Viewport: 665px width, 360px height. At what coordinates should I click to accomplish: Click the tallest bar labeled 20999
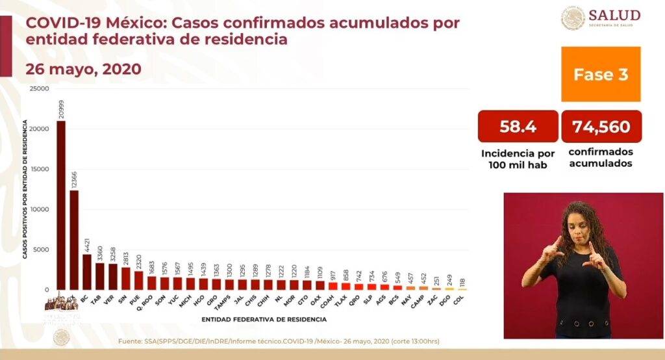pyautogui.click(x=61, y=205)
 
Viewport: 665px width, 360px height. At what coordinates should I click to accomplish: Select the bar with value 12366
pyautogui.click(x=74, y=240)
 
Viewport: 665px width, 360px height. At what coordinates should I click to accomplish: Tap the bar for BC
pyautogui.click(x=87, y=272)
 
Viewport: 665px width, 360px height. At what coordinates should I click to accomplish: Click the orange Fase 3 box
pyautogui.click(x=601, y=74)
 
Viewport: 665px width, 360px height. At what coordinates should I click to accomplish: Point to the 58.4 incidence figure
pyautogui.click(x=518, y=127)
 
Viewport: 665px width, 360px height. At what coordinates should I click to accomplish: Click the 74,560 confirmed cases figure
pyautogui.click(x=601, y=127)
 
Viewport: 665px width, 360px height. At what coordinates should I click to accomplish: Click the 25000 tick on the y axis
pyautogui.click(x=40, y=88)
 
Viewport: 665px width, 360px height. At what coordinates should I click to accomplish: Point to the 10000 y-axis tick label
pyautogui.click(x=40, y=209)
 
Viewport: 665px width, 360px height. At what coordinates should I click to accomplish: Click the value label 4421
pyautogui.click(x=86, y=246)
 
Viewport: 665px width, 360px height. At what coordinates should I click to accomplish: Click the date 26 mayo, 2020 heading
pyautogui.click(x=83, y=69)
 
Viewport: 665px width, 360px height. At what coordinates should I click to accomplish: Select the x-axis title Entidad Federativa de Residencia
pyautogui.click(x=264, y=320)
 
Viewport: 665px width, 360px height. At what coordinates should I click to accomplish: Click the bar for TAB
pyautogui.click(x=100, y=276)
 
